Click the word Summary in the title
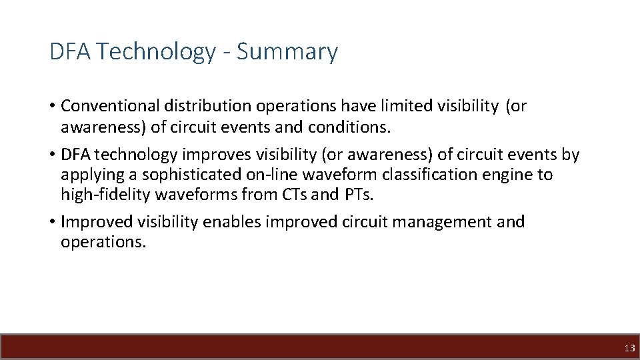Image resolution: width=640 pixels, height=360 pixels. (287, 51)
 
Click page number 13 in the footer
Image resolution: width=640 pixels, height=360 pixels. (629, 348)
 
